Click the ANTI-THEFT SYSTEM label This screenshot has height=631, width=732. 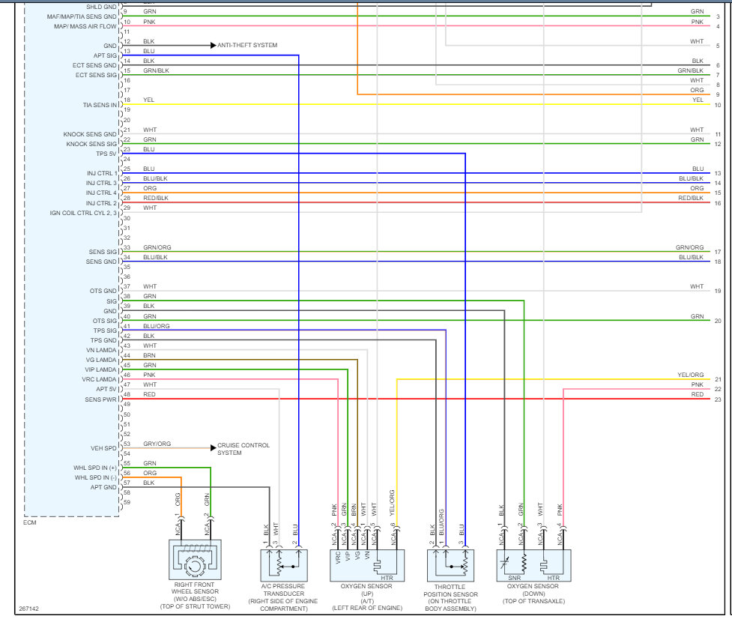pos(247,45)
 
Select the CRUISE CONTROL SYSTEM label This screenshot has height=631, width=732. pos(244,449)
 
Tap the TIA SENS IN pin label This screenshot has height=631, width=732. pos(100,105)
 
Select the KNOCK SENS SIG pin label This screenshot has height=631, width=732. pos(91,144)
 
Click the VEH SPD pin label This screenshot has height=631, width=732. pos(103,448)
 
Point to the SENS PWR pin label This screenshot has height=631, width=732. pos(100,399)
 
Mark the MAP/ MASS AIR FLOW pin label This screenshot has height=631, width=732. pos(85,26)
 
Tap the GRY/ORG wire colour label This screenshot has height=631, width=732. pos(157,444)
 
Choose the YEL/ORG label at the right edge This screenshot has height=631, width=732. pos(690,375)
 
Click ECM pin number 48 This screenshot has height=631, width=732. pos(127,394)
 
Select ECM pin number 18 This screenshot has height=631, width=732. pos(127,100)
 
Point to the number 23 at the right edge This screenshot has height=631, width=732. pos(718,399)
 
